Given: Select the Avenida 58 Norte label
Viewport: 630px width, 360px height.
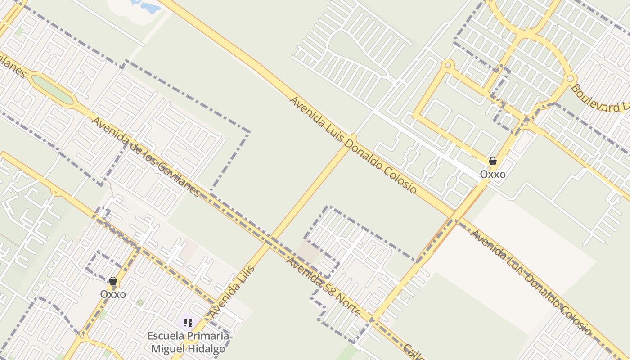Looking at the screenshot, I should click(323, 286).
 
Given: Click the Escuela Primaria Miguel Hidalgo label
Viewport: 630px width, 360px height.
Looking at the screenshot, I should click(188, 342).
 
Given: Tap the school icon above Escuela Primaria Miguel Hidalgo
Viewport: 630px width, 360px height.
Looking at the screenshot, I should click(188, 322).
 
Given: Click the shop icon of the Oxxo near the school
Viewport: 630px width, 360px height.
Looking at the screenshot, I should click(113, 281).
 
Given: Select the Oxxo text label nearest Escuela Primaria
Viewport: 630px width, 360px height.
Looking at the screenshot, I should click(113, 294).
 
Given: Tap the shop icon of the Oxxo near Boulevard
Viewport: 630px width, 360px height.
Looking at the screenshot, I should click(493, 161).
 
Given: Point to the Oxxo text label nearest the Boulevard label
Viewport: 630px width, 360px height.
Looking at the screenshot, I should click(493, 174).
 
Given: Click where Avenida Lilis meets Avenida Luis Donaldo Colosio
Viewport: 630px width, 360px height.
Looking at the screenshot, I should click(353, 138).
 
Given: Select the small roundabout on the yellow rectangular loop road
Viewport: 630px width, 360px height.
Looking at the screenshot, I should click(448, 65).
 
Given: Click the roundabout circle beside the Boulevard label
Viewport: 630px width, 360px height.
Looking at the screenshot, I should click(570, 79).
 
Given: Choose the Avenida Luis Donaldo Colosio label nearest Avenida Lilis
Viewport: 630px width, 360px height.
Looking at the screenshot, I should click(353, 145).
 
